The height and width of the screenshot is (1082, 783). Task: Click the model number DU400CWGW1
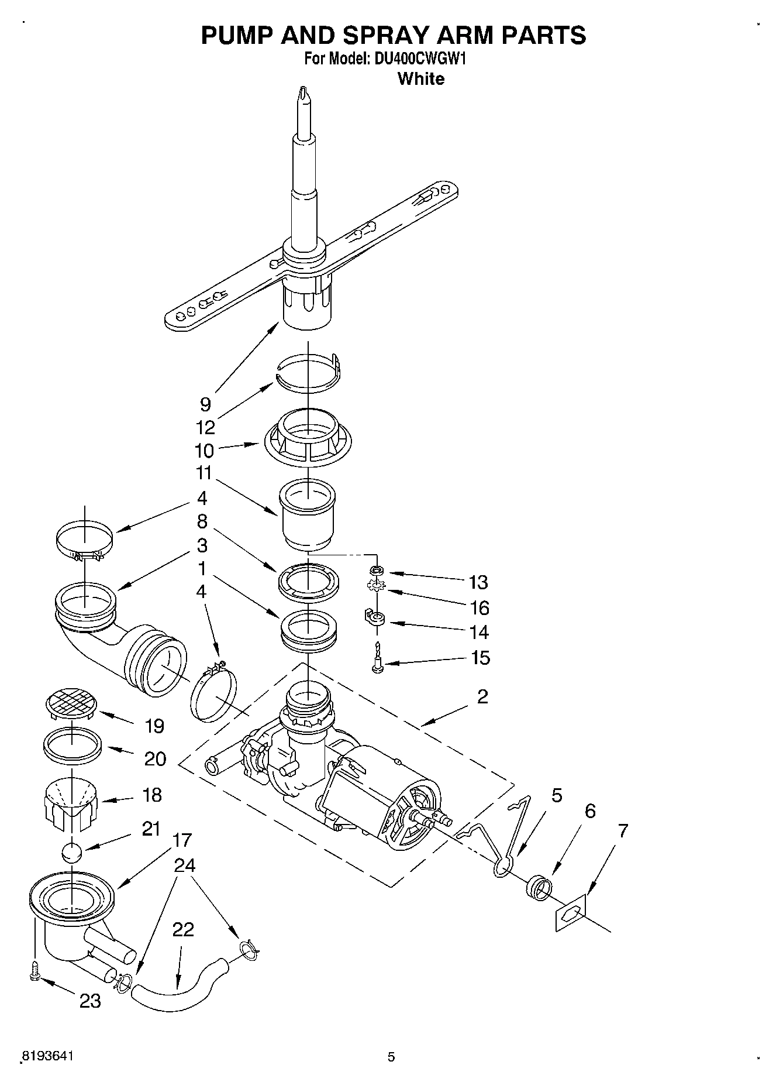(x=419, y=59)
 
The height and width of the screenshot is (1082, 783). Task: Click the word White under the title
(x=420, y=78)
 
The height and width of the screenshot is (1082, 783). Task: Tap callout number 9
(x=205, y=404)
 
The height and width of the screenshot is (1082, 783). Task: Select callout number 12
(x=205, y=428)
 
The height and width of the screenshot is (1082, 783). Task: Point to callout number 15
(x=480, y=658)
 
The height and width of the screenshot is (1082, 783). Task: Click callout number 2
(x=482, y=696)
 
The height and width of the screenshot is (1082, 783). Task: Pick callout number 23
(x=90, y=1001)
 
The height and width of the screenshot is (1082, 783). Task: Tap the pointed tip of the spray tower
(x=302, y=93)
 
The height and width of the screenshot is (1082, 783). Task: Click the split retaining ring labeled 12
(x=309, y=372)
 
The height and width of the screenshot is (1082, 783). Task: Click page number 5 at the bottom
(x=391, y=1057)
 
